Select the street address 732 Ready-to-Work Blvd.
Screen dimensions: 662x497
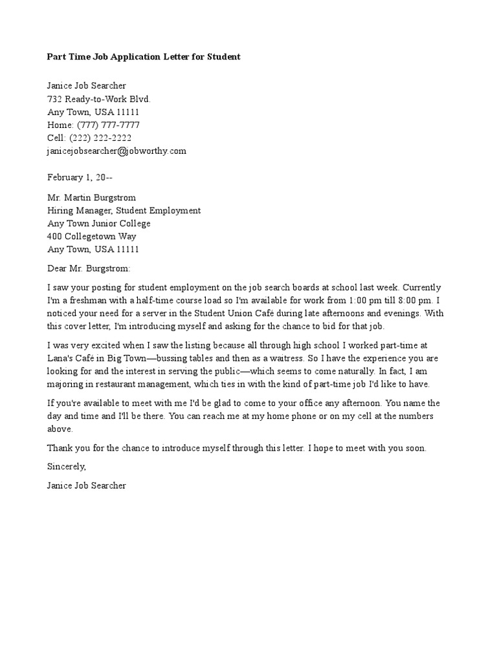click(98, 99)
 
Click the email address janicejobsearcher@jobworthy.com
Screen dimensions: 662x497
click(116, 151)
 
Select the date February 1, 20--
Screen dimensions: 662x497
click(83, 176)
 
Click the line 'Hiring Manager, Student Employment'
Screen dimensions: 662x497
click(124, 210)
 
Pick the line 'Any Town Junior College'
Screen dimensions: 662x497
click(98, 223)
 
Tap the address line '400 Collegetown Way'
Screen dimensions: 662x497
click(91, 236)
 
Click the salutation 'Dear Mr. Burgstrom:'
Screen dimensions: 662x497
click(89, 268)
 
